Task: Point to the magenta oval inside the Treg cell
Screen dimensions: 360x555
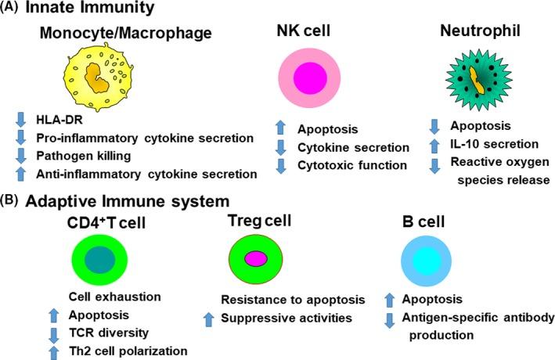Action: click(255, 259)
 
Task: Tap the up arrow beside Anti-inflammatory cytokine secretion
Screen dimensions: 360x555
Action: click(22, 174)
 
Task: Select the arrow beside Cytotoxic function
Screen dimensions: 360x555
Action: click(284, 165)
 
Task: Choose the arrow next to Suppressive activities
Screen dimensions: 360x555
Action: click(208, 318)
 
